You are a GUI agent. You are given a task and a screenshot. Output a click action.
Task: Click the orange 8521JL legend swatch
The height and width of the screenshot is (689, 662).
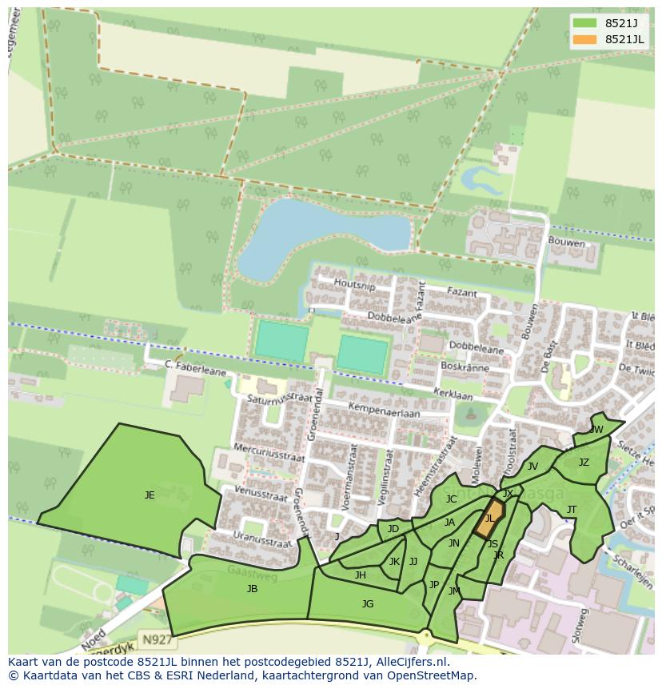click(584, 39)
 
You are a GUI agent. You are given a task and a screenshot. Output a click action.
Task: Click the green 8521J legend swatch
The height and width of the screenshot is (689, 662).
click(584, 24)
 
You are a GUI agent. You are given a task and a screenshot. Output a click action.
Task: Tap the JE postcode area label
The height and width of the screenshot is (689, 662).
click(150, 495)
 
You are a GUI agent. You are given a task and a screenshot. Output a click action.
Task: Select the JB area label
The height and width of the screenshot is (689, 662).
click(252, 589)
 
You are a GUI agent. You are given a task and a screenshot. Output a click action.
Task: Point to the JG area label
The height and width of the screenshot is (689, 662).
click(368, 604)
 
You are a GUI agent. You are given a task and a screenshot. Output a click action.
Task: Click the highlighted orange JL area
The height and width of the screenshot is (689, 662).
click(490, 518)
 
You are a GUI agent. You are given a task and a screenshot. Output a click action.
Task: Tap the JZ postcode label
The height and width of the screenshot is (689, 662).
click(584, 463)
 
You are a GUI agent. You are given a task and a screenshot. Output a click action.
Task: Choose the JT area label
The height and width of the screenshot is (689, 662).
click(572, 510)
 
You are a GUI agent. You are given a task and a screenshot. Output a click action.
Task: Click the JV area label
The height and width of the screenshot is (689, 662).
click(532, 467)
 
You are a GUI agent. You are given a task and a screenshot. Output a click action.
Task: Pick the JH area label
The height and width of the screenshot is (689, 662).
click(361, 575)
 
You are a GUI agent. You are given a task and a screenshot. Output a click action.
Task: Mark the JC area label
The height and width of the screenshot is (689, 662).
click(451, 499)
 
